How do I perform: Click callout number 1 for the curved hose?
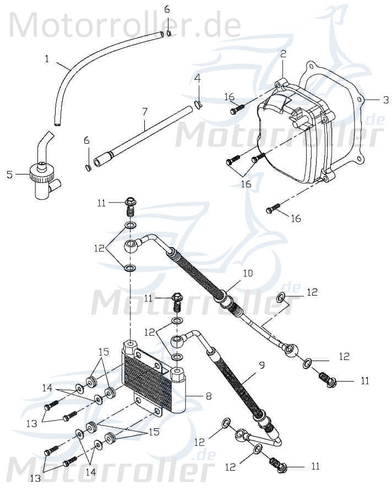(x=47, y=58)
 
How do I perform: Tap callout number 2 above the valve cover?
(x=283, y=54)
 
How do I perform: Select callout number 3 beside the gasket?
(x=386, y=100)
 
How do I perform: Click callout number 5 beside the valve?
(x=9, y=174)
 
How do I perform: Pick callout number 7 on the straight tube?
(x=145, y=111)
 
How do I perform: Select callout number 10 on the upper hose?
(x=247, y=274)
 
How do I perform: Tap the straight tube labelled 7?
(x=146, y=135)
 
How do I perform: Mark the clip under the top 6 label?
(x=168, y=33)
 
